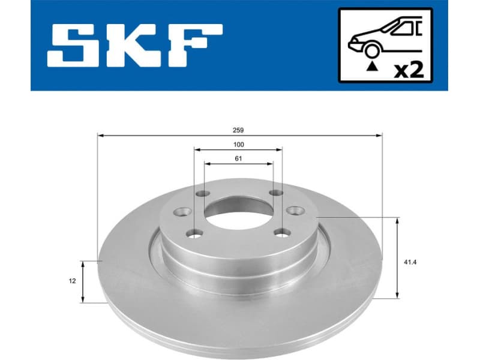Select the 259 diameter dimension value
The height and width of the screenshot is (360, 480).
[x=239, y=130]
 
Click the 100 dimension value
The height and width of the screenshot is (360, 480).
[x=239, y=145]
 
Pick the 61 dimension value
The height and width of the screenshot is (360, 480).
[x=239, y=159]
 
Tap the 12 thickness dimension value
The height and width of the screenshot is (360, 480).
[x=71, y=281]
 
